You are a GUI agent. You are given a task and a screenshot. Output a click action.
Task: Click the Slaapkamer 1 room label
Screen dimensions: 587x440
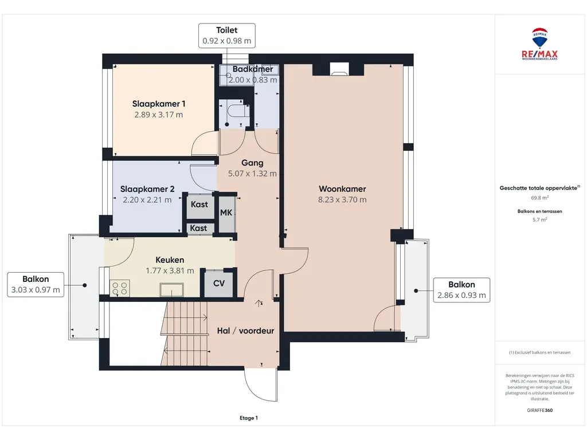[x=159, y=104]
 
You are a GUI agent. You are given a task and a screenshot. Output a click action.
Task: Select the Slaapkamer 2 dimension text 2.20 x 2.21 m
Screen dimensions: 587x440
[x=147, y=200]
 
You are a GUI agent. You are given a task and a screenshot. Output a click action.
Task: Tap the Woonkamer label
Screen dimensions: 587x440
[x=342, y=189]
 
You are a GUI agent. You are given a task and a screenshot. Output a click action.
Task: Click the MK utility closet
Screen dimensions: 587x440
[x=226, y=213]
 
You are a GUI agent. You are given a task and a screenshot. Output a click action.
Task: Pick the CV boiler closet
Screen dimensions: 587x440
[x=219, y=283]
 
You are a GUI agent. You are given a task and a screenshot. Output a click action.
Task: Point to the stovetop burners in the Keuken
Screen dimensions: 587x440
[x=120, y=289]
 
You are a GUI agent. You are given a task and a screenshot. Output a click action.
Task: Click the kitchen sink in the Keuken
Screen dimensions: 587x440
[x=171, y=289]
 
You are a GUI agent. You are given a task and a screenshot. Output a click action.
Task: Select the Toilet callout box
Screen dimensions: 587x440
[x=227, y=36]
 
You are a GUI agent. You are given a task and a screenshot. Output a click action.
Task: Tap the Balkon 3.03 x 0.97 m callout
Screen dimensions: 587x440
[x=36, y=285]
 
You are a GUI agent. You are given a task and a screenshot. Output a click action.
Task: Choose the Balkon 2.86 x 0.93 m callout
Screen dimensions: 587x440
[x=461, y=290]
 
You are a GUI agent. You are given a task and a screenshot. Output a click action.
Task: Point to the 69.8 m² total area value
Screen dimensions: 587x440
[x=539, y=198]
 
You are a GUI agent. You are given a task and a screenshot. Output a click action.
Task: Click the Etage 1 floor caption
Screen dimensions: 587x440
[x=249, y=418]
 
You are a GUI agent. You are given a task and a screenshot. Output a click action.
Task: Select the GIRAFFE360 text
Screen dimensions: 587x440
[x=539, y=410]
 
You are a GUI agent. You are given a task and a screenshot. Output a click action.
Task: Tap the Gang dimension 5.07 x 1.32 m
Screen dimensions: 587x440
[x=252, y=174]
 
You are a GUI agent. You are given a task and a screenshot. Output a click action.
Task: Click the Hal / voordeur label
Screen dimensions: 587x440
[x=245, y=331]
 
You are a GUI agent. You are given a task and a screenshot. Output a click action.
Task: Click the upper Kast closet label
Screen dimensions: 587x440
[x=199, y=205]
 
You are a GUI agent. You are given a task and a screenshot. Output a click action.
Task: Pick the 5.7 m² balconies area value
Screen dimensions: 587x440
[x=539, y=219]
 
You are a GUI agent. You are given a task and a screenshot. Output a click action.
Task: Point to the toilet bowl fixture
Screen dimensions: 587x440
[x=236, y=111]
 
